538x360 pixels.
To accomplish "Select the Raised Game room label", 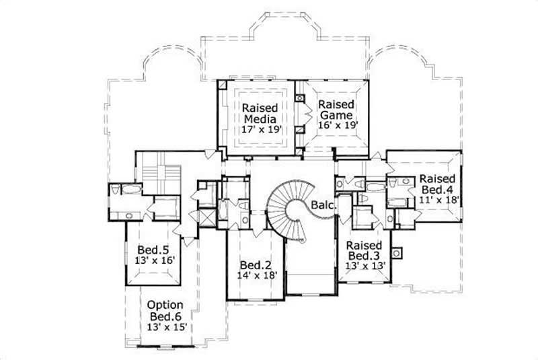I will pyautogui.click(x=337, y=110).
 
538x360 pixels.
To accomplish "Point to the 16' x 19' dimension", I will pyautogui.click(x=337, y=124).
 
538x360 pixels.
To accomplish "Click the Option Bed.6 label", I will pyautogui.click(x=166, y=310).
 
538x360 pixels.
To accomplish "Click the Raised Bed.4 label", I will pyautogui.click(x=438, y=184).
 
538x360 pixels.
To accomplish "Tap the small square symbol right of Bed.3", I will pyautogui.click(x=397, y=253).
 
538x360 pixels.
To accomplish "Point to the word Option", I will pyautogui.click(x=166, y=304).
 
